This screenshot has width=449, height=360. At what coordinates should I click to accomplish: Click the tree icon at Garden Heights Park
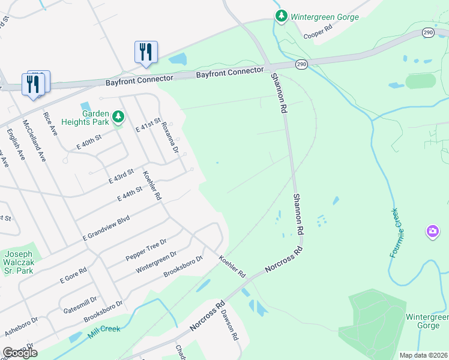click(118, 116)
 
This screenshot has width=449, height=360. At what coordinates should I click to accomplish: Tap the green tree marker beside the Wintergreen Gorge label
click(281, 16)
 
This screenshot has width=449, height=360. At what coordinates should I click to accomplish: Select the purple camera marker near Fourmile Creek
click(432, 231)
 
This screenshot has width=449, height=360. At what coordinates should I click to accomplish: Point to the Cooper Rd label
click(318, 31)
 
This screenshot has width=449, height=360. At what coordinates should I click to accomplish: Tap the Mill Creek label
click(104, 331)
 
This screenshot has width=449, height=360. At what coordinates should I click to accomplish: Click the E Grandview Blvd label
click(106, 229)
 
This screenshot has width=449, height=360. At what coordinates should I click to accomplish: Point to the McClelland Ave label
click(35, 140)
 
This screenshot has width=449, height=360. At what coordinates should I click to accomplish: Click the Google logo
click(20, 353)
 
